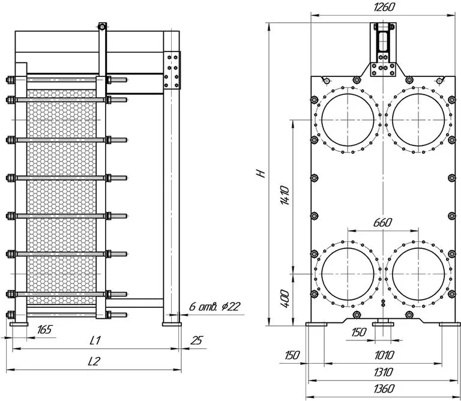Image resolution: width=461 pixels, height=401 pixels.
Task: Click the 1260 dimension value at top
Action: click(x=384, y=7)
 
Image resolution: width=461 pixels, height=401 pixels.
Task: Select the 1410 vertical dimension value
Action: click(x=285, y=195)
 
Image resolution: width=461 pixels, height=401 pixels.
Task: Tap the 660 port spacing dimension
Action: click(x=382, y=223)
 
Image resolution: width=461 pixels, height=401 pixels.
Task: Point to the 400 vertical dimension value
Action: click(x=285, y=298)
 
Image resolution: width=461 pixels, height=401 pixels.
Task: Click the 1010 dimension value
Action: click(x=384, y=355)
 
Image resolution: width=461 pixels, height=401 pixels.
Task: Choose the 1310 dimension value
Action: click(x=384, y=372)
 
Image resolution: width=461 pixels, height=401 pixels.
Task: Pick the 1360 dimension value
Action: click(x=384, y=388)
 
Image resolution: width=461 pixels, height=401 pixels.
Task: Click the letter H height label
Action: click(x=261, y=173)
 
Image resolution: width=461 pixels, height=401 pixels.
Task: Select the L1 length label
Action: click(x=95, y=340)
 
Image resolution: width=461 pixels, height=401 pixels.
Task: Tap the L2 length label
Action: click(x=94, y=361)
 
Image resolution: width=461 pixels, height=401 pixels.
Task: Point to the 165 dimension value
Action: click(x=44, y=330)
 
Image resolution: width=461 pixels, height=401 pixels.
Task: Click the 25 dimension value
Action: click(x=196, y=340)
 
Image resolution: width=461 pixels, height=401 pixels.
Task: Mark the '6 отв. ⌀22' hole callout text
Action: click(x=214, y=307)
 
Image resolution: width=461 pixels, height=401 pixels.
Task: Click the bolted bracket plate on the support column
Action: click(x=172, y=71)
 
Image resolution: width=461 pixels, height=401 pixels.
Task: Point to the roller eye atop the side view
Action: click(x=102, y=27)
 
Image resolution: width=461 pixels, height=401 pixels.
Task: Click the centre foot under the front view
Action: click(x=383, y=324)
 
